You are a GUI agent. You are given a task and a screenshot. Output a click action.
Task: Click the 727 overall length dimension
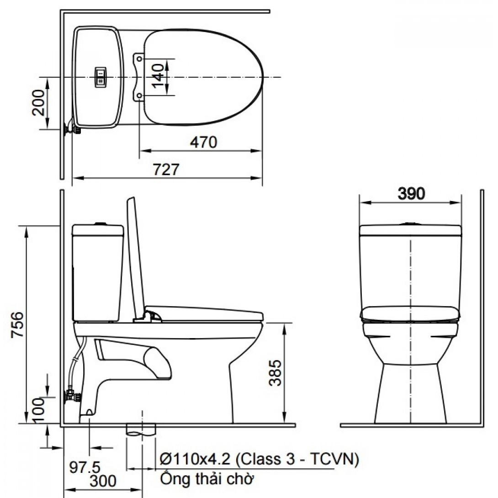point(166,170)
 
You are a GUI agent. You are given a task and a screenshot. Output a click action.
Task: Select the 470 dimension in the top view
point(204,142)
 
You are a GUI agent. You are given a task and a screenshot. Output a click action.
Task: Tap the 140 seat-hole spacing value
point(158,77)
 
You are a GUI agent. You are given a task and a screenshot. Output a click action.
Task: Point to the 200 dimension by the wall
point(38,102)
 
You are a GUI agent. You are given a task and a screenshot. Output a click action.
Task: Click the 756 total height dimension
point(17,325)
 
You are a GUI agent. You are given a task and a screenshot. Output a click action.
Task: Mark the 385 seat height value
point(275,373)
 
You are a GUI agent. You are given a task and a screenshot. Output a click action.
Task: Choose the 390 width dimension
point(411,193)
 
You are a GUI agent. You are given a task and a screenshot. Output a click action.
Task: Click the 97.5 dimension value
point(85,467)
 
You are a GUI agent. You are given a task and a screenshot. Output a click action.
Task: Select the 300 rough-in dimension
point(103,481)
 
